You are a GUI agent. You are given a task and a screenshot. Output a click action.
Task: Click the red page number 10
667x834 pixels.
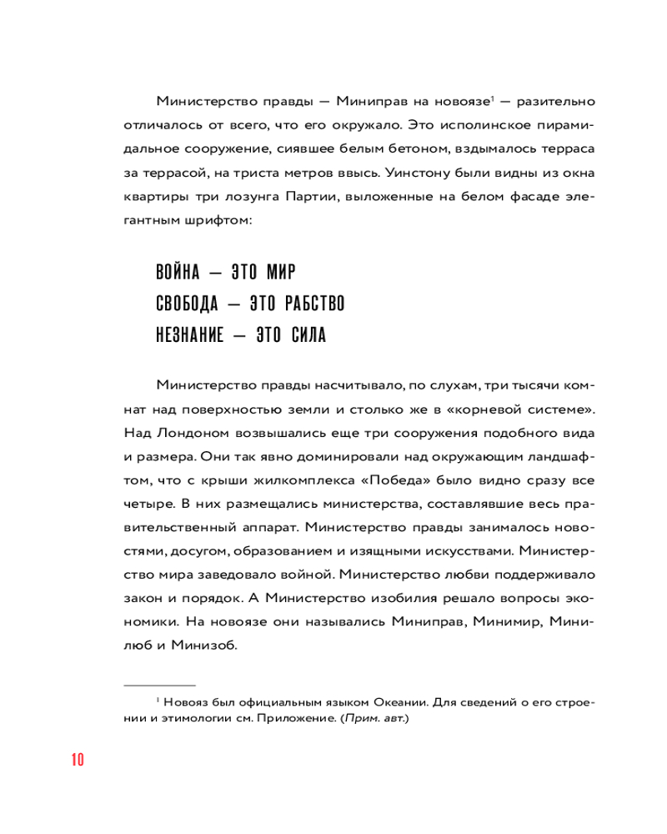point(78,760)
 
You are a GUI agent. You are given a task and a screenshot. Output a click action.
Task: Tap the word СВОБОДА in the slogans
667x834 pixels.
point(184,304)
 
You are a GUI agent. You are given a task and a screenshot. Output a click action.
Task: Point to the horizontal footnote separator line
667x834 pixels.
point(159,684)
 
